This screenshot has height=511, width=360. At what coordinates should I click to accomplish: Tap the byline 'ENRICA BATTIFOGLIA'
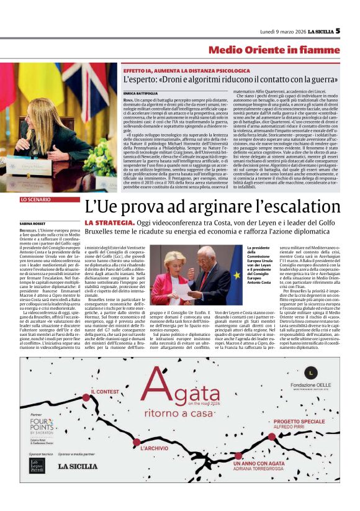(x=139, y=92)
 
